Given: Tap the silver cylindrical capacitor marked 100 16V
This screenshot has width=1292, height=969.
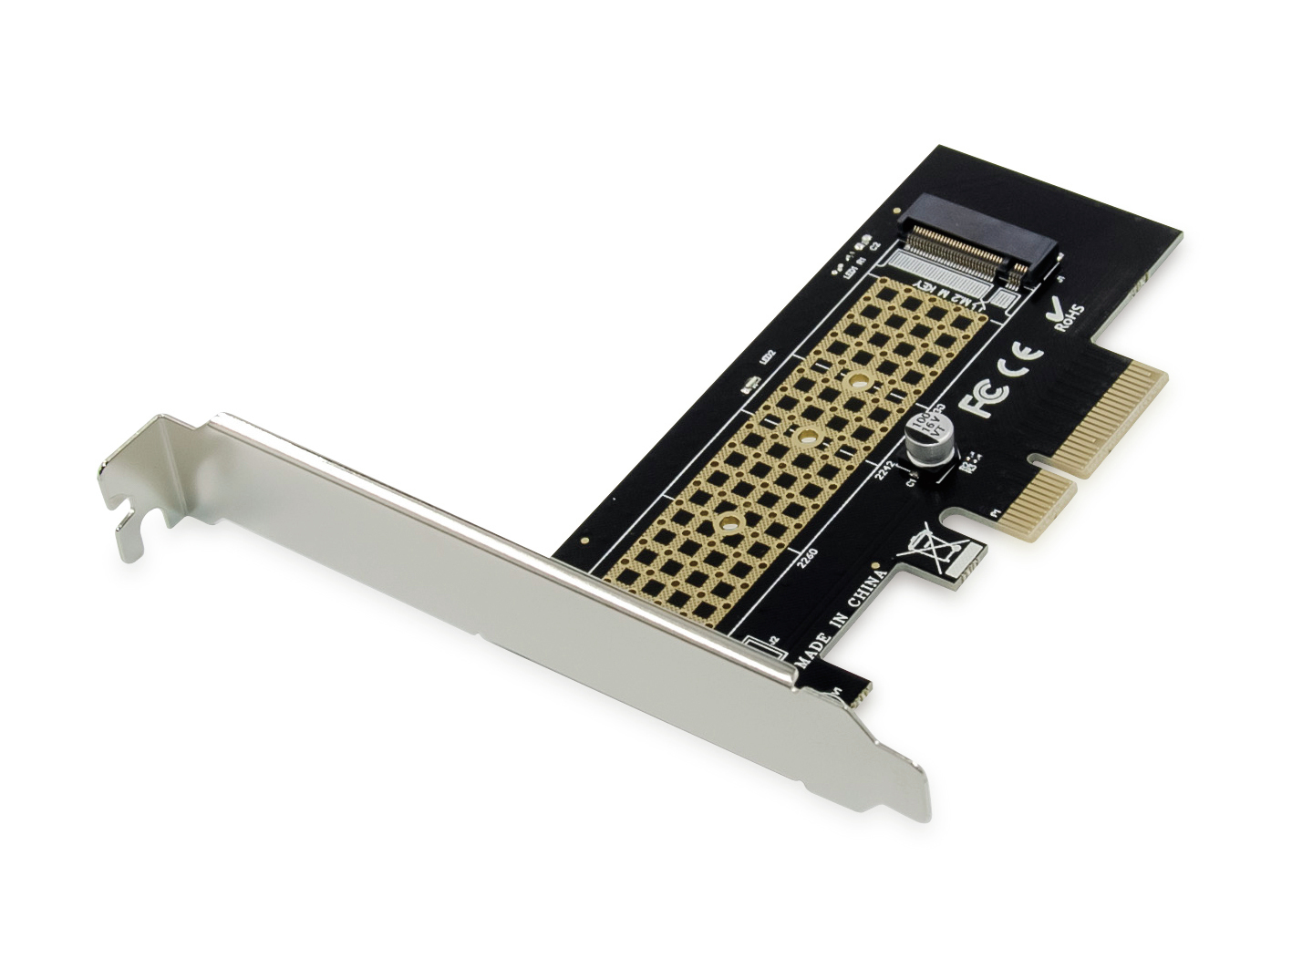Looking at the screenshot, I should pyautogui.click(x=925, y=438).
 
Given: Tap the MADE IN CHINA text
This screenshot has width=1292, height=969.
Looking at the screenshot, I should pyautogui.click(x=840, y=619).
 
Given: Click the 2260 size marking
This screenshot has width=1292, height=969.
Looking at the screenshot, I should pyautogui.click(x=807, y=557).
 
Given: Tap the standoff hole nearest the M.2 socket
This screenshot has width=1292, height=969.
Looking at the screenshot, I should pyautogui.click(x=858, y=382).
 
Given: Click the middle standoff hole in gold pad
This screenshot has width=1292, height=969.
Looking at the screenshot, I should pyautogui.click(x=804, y=438).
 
